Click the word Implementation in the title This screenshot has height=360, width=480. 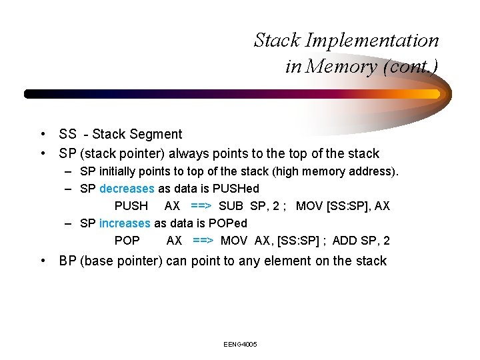pyautogui.click(x=372, y=41)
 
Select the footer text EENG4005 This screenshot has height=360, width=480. pyautogui.click(x=241, y=344)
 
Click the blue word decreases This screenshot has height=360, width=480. pyautogui.click(x=127, y=189)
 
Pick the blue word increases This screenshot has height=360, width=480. pyautogui.click(x=125, y=223)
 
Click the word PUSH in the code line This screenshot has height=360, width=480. pyautogui.click(x=131, y=206)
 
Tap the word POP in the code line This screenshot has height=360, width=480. pyautogui.click(x=127, y=241)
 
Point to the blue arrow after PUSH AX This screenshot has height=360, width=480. pyautogui.click(x=201, y=206)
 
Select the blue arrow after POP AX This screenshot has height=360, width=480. pyautogui.click(x=203, y=241)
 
